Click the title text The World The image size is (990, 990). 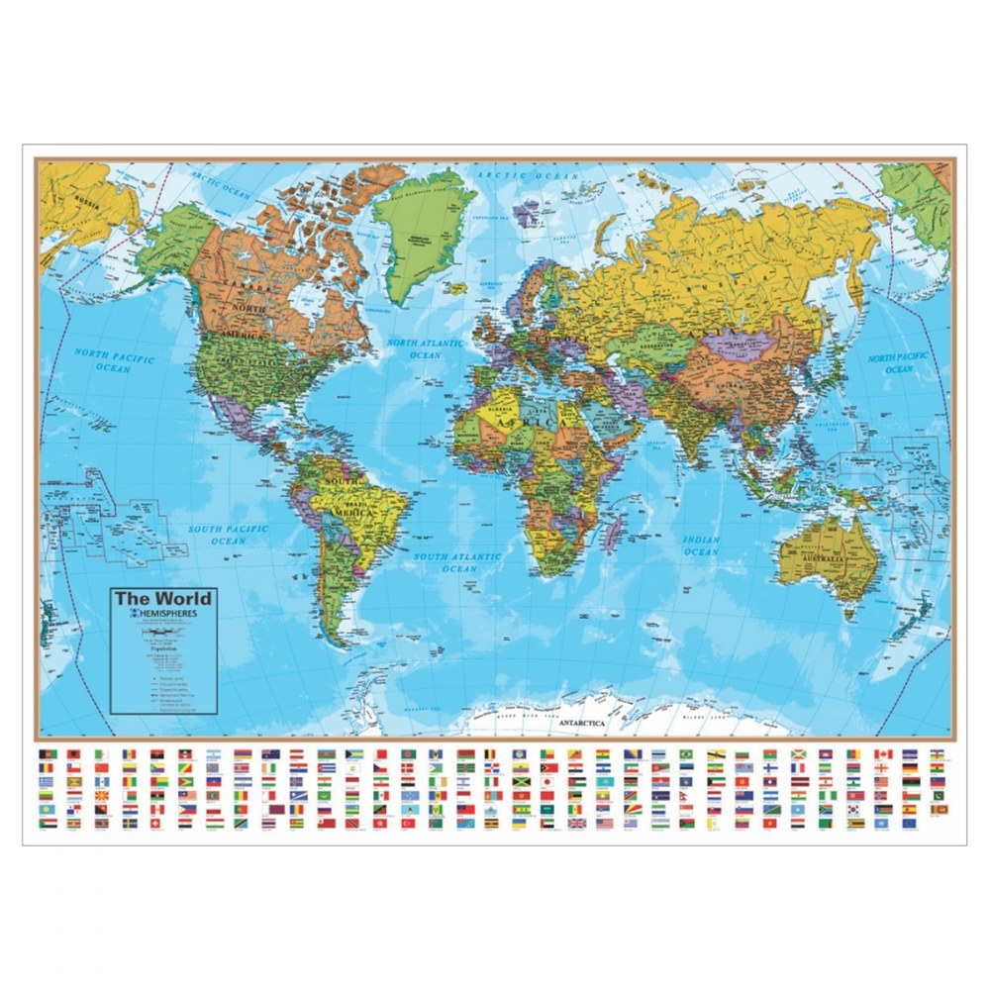[x=161, y=598]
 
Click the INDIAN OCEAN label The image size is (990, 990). [x=701, y=545]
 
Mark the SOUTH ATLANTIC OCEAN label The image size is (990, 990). [x=458, y=562]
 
